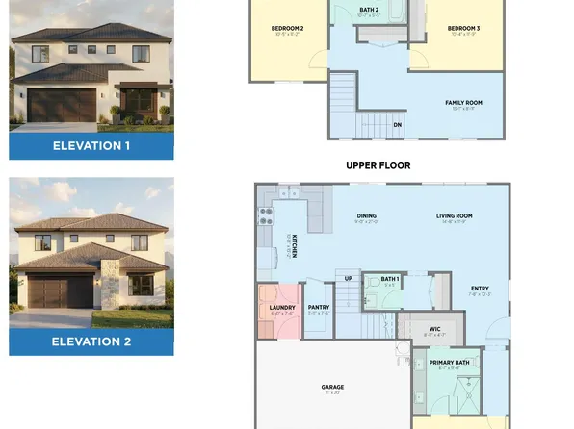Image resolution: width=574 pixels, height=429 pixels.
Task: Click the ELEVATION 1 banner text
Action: point(91,146)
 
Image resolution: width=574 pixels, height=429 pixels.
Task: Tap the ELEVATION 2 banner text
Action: point(91,341)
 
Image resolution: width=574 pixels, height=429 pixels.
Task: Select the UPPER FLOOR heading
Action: point(378,165)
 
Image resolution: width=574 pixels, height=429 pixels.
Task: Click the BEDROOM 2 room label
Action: point(288,29)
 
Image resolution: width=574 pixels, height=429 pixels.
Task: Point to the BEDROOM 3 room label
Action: point(463,29)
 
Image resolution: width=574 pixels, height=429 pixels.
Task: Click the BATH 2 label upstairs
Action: point(369,10)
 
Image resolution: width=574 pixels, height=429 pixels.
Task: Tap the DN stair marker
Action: point(397,124)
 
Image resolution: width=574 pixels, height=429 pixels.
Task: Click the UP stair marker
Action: point(348,278)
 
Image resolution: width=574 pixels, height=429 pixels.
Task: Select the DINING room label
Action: point(366,216)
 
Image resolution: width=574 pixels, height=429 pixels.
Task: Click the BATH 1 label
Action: point(390,278)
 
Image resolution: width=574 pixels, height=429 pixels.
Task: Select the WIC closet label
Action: point(434,329)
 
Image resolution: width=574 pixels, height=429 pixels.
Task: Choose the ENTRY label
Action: point(479,290)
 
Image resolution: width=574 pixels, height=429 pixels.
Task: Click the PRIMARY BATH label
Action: point(448,362)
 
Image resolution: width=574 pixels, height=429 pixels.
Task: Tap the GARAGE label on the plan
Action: point(332,387)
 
